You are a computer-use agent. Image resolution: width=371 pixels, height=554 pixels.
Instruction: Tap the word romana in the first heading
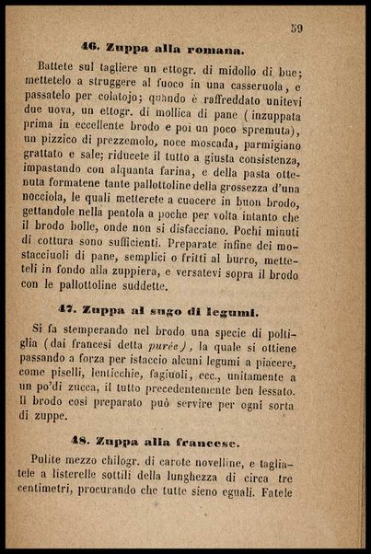point(213,49)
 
